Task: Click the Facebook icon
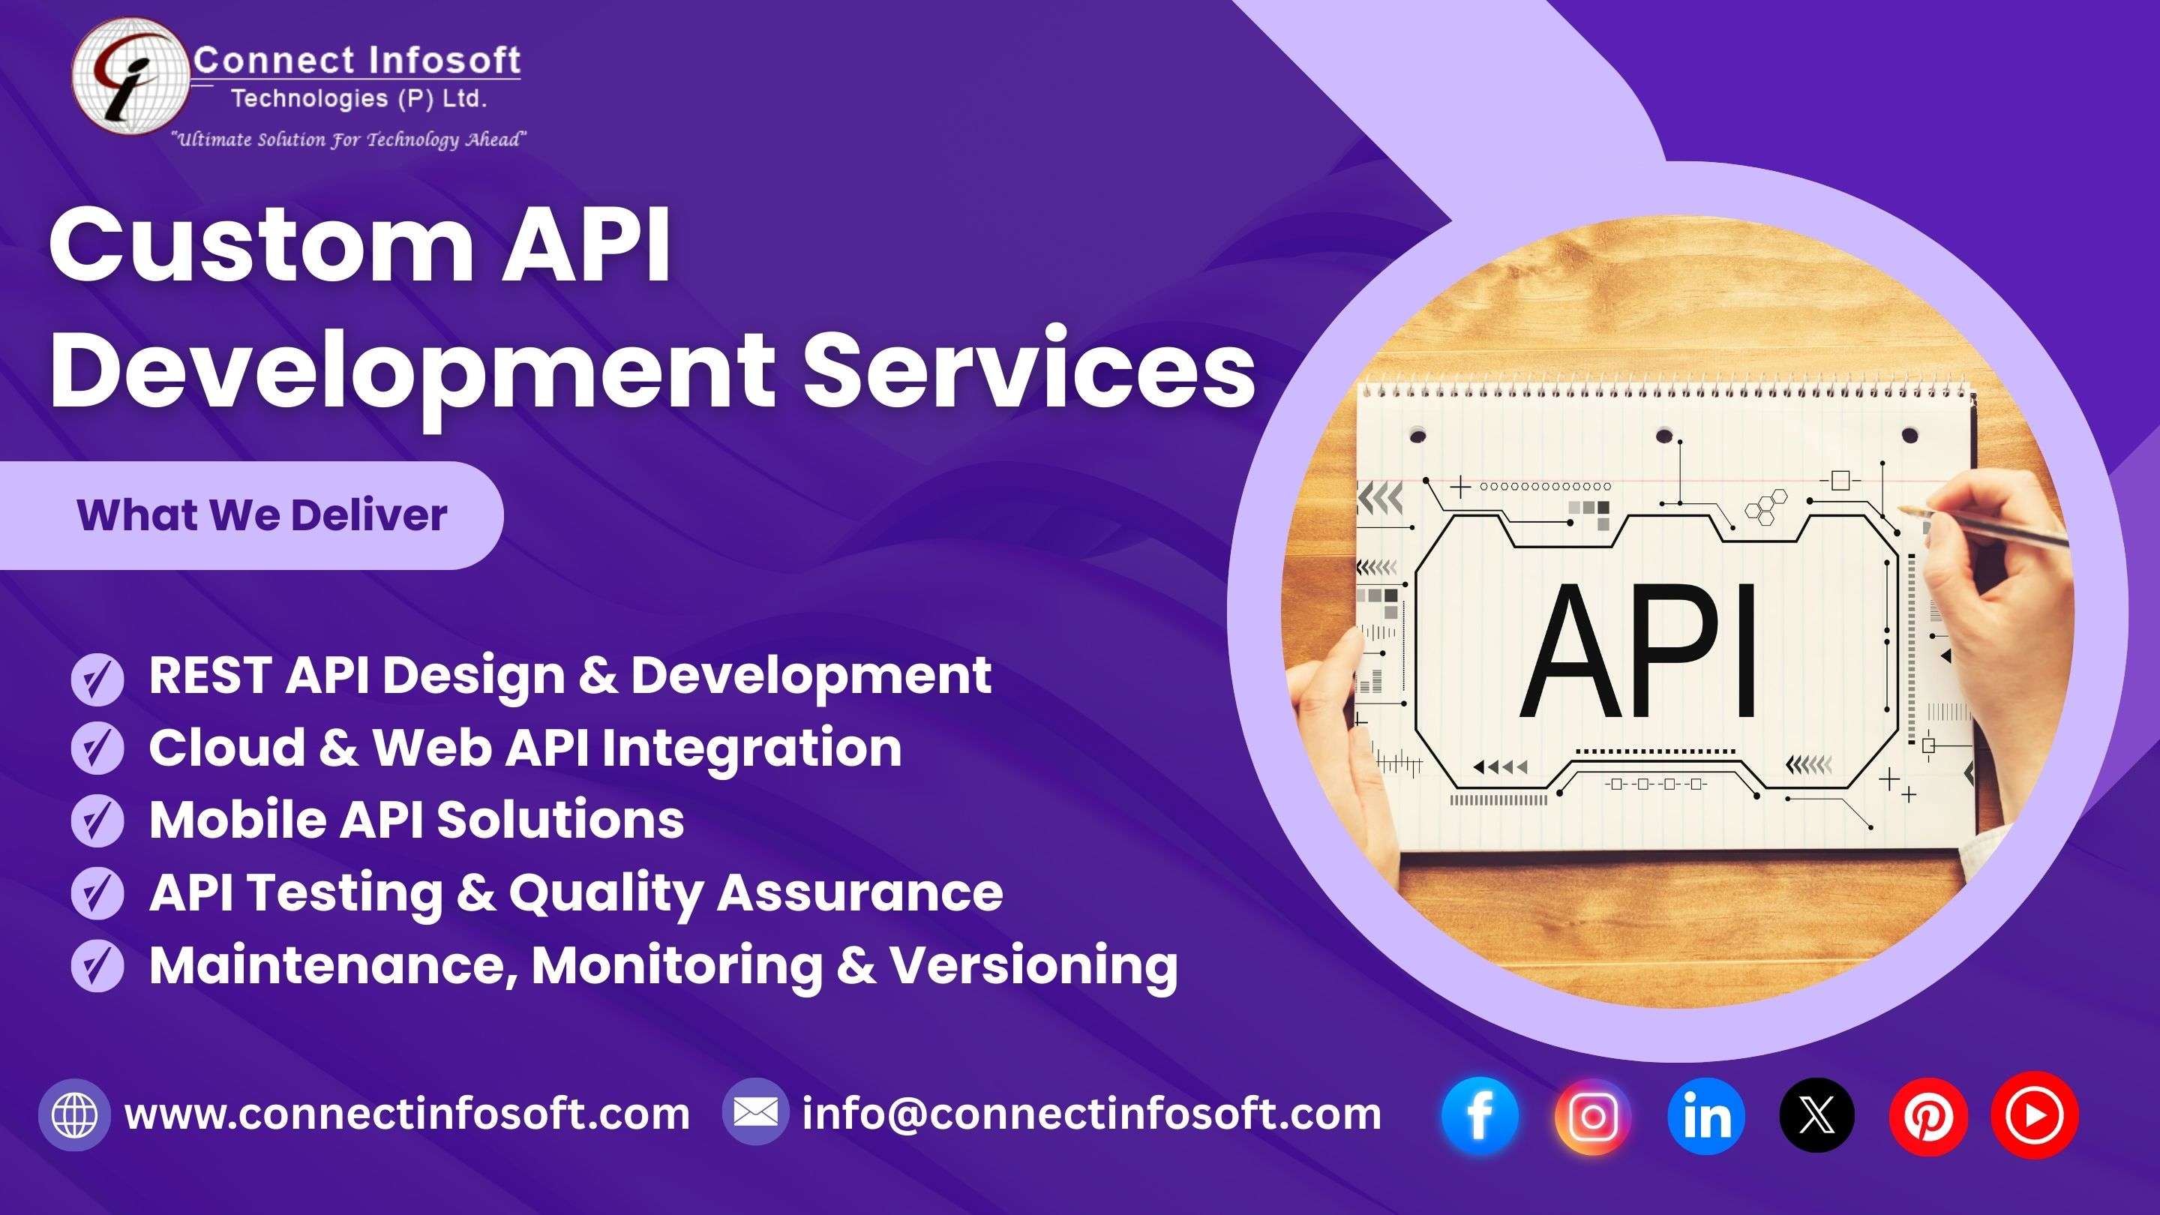tap(1480, 1115)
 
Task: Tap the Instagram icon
tap(1592, 1115)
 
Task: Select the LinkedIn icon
tap(1705, 1115)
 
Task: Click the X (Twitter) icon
tap(1817, 1115)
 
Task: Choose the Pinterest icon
tap(1928, 1115)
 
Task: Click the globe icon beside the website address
tap(75, 1114)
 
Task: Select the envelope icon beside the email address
tap(755, 1113)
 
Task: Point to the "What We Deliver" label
tap(262, 514)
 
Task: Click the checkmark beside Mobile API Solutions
tap(98, 820)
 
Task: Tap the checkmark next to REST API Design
tap(98, 678)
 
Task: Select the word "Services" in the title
tap(1030, 368)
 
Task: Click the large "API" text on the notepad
tap(1639, 651)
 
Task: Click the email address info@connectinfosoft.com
tap(1092, 1114)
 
